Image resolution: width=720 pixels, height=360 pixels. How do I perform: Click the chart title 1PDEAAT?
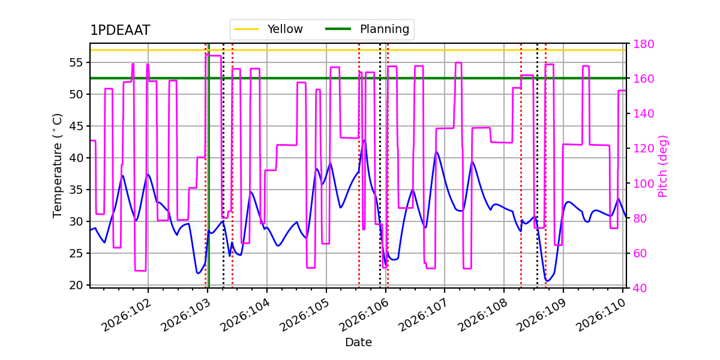point(120,31)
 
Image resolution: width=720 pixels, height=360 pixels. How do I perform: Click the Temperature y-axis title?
point(58,165)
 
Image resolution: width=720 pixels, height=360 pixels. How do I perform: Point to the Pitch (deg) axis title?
point(663,166)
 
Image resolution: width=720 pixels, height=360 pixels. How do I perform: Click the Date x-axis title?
point(358,343)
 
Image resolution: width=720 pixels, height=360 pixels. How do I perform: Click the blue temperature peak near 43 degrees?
point(364,140)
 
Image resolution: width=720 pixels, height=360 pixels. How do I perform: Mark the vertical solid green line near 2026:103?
point(209,180)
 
